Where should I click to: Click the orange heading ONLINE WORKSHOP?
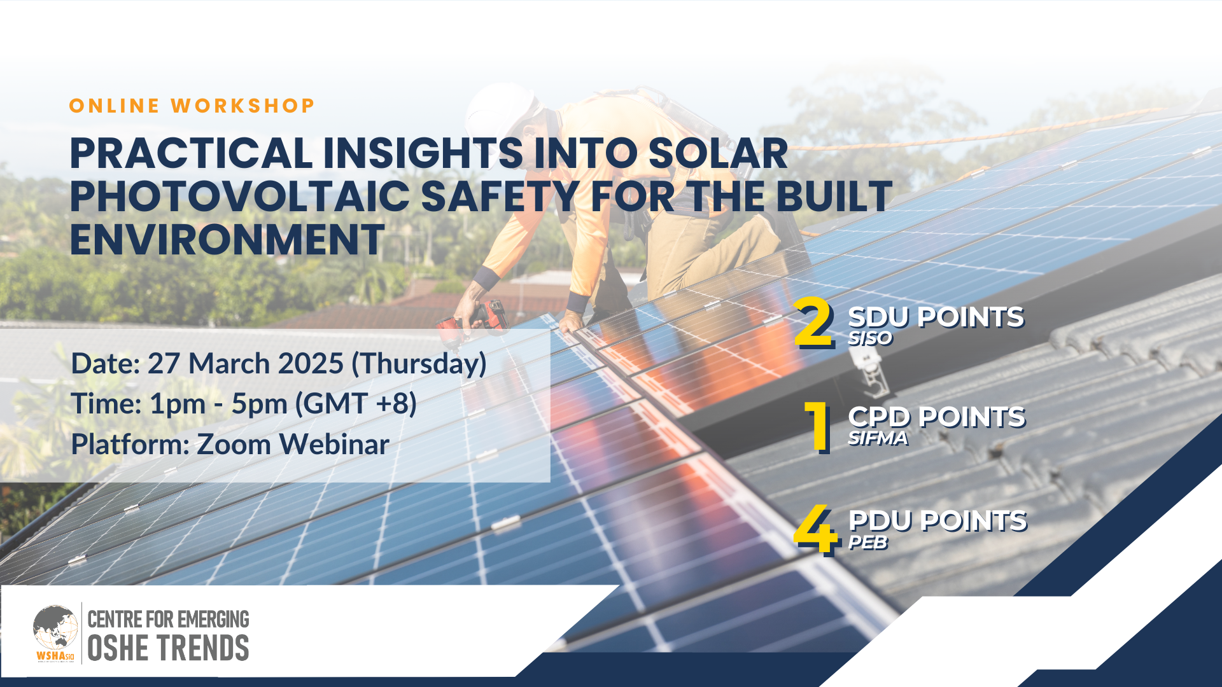coord(192,106)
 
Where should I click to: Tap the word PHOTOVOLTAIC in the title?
coord(240,196)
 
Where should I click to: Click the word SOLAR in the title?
coord(718,153)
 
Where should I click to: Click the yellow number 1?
coord(818,427)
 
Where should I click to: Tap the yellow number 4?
coord(815,530)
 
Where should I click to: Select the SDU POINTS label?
coord(936,317)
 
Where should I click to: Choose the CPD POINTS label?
coord(937,418)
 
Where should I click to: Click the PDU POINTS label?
coord(938,522)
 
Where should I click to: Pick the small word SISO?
coord(870,338)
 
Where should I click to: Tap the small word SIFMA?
coord(878,438)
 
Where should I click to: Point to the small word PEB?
coord(867,543)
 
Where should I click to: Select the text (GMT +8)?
coord(356,404)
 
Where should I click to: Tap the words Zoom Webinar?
coord(293,444)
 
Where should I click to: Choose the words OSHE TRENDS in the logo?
coord(168,648)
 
